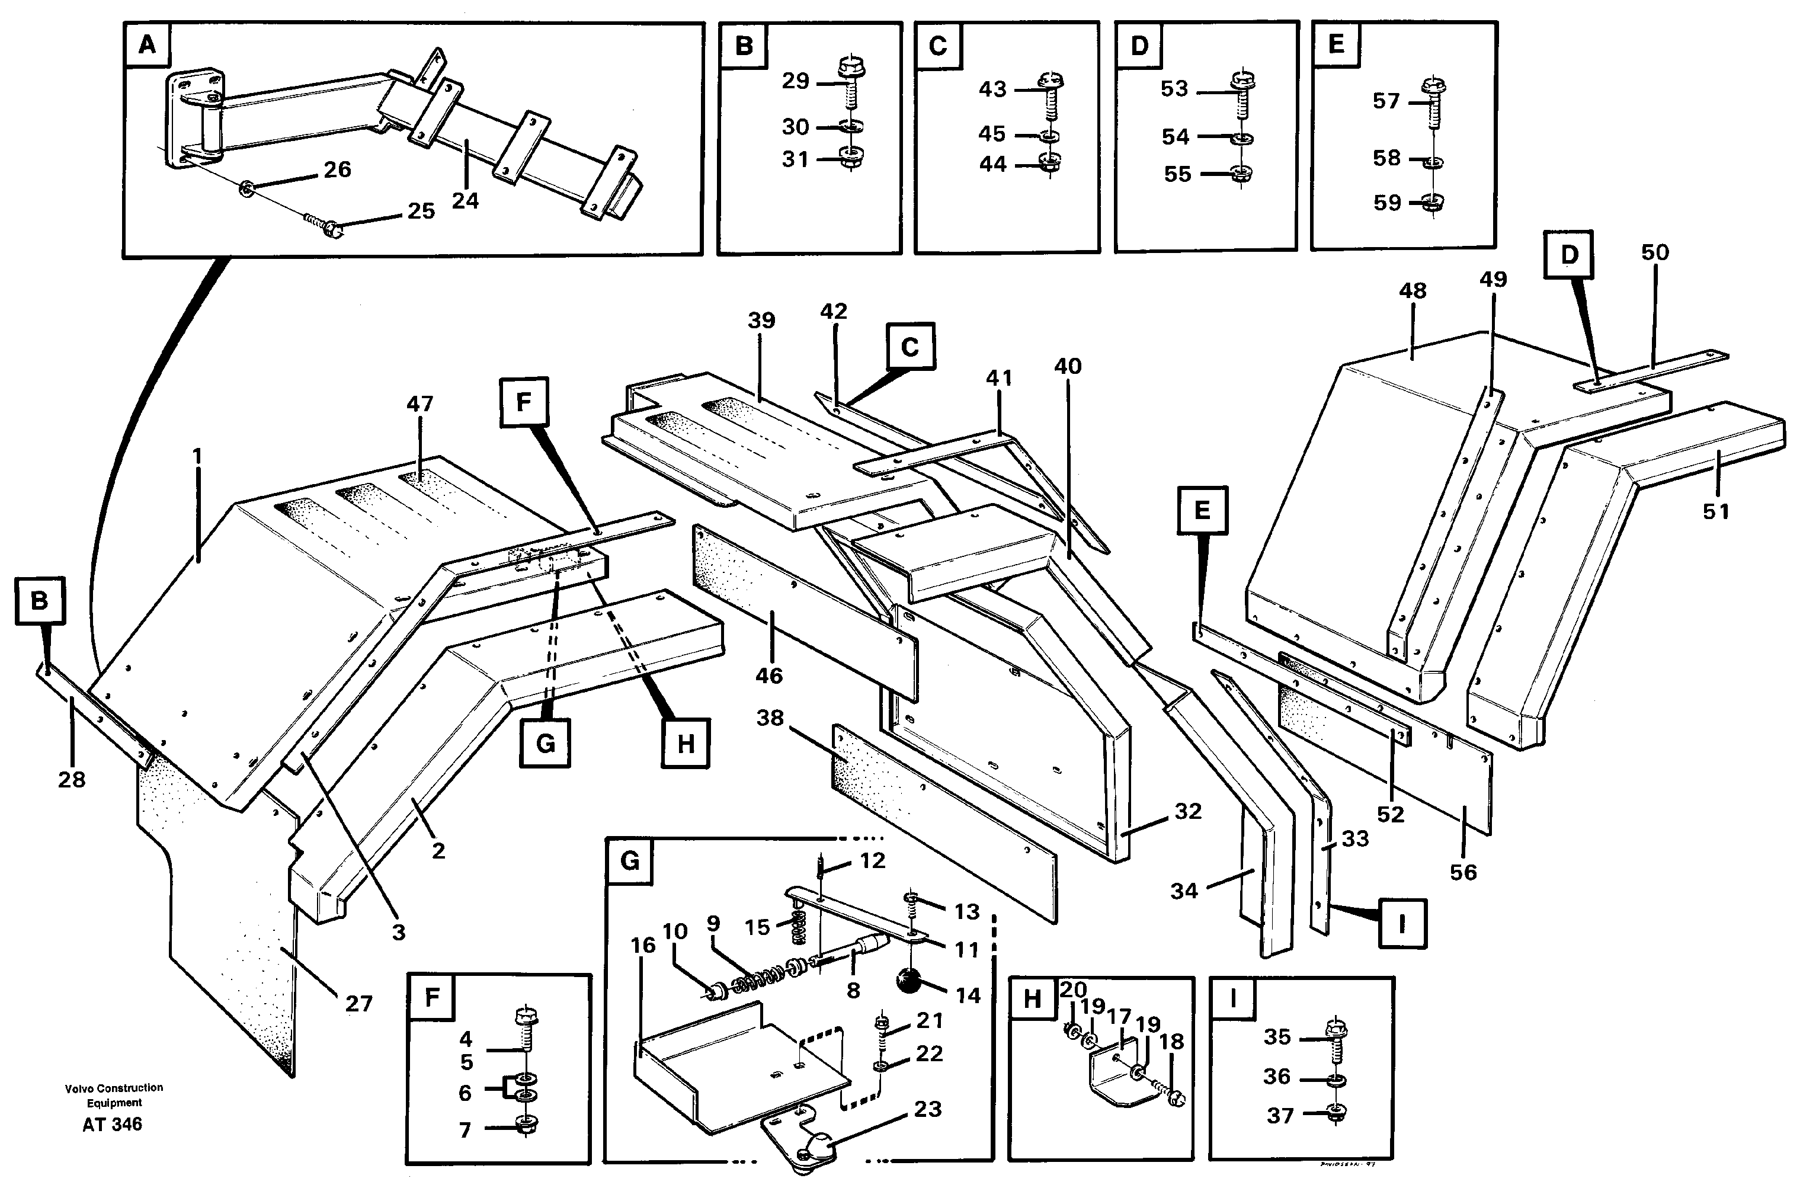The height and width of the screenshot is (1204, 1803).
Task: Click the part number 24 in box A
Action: [465, 201]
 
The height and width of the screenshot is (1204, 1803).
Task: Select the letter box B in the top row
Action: [744, 46]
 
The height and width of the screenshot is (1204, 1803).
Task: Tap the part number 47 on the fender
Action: [419, 404]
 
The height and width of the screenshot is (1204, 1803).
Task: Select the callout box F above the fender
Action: [524, 402]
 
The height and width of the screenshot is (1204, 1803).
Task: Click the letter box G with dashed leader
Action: [545, 742]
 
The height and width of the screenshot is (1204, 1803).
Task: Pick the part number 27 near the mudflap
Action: [358, 1004]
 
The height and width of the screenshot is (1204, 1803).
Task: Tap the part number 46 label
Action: [768, 675]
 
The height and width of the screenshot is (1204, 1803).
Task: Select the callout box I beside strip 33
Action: [1401, 924]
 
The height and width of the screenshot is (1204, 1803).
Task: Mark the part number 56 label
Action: [1463, 872]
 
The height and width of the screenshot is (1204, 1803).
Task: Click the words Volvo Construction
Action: [114, 1088]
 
